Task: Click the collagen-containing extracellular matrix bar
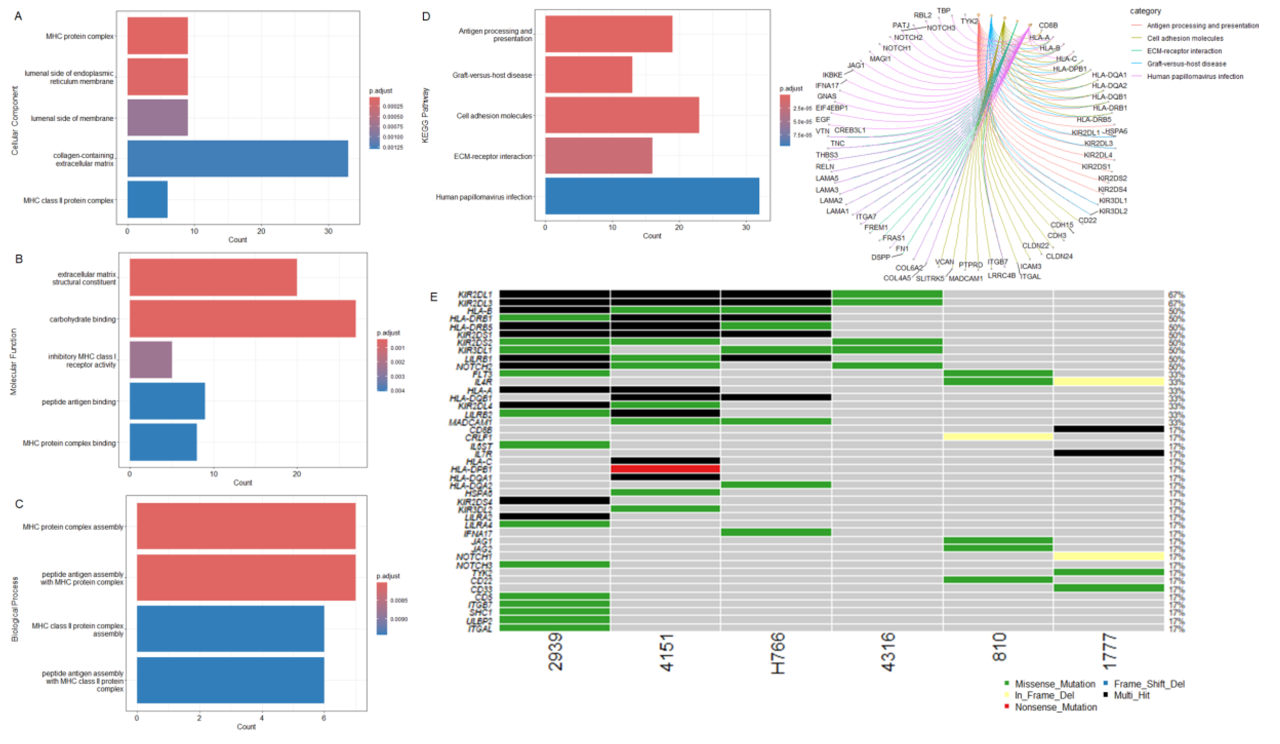(x=237, y=159)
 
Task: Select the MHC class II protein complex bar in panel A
(x=147, y=199)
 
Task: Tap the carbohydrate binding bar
(x=242, y=319)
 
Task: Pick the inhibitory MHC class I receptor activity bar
(x=151, y=360)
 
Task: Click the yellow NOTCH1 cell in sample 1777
(x=1108, y=557)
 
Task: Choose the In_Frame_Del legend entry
(x=1044, y=695)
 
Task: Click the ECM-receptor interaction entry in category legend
(x=1184, y=51)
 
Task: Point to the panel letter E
(x=433, y=297)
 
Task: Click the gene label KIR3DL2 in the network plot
(x=1113, y=211)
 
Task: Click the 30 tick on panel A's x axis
(x=328, y=231)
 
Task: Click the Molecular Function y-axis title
(x=14, y=361)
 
